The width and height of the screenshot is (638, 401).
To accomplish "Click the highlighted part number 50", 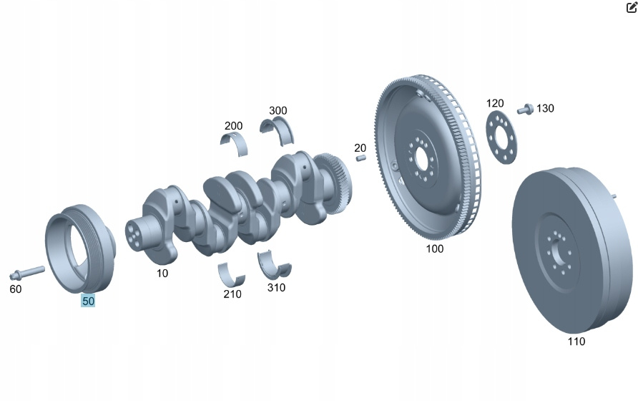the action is [88, 301].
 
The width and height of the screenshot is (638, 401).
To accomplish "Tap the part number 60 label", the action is [16, 289].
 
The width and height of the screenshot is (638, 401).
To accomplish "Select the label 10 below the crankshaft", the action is [162, 273].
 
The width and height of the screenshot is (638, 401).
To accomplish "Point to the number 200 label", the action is [234, 126].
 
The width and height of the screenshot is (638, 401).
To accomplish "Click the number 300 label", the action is [278, 110].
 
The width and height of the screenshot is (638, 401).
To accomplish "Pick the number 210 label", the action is [232, 294].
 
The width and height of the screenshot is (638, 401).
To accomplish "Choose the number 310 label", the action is [276, 287].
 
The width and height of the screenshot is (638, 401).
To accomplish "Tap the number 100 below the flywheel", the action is [435, 248].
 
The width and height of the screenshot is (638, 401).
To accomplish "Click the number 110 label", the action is [576, 341].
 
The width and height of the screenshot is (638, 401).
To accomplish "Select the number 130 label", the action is [545, 108].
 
